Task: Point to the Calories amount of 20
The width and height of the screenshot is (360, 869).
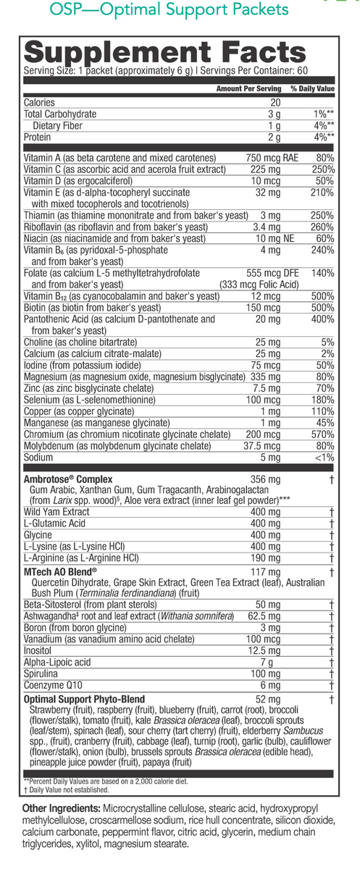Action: pos(275,103)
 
